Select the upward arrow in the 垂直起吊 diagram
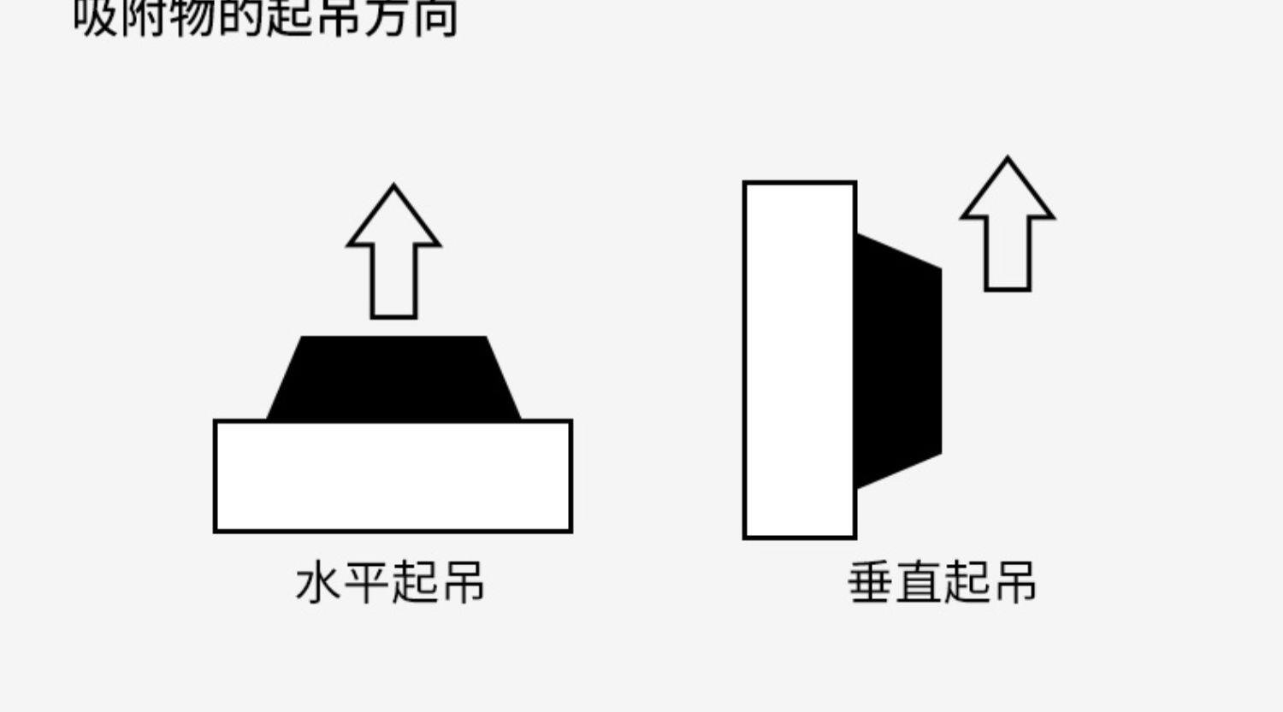pyautogui.click(x=1008, y=227)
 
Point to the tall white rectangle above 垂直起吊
pyautogui.click(x=800, y=360)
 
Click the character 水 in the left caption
pyautogui.click(x=318, y=583)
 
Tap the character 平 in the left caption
pyautogui.click(x=366, y=583)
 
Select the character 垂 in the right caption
pyautogui.click(x=871, y=583)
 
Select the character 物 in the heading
pyautogui.click(x=192, y=17)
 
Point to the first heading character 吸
pyautogui.click(x=95, y=17)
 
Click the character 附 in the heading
pyautogui.click(x=144, y=17)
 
